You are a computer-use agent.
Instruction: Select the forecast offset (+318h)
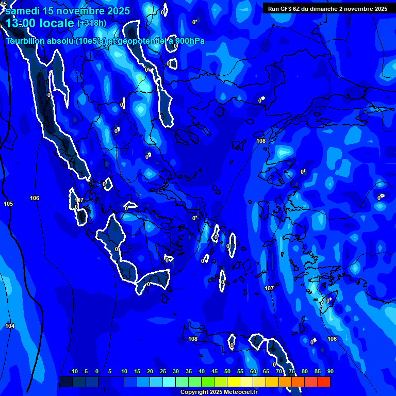tap(92, 23)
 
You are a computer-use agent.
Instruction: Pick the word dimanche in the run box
tap(323, 9)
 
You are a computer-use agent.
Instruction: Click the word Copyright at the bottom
tap(194, 392)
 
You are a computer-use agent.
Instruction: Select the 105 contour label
tap(8, 204)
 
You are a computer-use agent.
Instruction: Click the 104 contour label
tap(10, 326)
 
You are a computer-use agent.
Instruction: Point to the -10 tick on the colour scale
tap(73, 372)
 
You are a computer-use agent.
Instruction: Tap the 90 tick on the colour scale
tap(331, 372)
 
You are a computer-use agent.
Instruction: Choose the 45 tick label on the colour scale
tap(214, 372)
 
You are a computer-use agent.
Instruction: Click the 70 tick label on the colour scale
tap(279, 372)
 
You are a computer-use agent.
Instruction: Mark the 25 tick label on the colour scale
tap(163, 372)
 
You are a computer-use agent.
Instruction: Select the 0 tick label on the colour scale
tap(97, 372)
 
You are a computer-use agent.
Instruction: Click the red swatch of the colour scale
tap(324, 382)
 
